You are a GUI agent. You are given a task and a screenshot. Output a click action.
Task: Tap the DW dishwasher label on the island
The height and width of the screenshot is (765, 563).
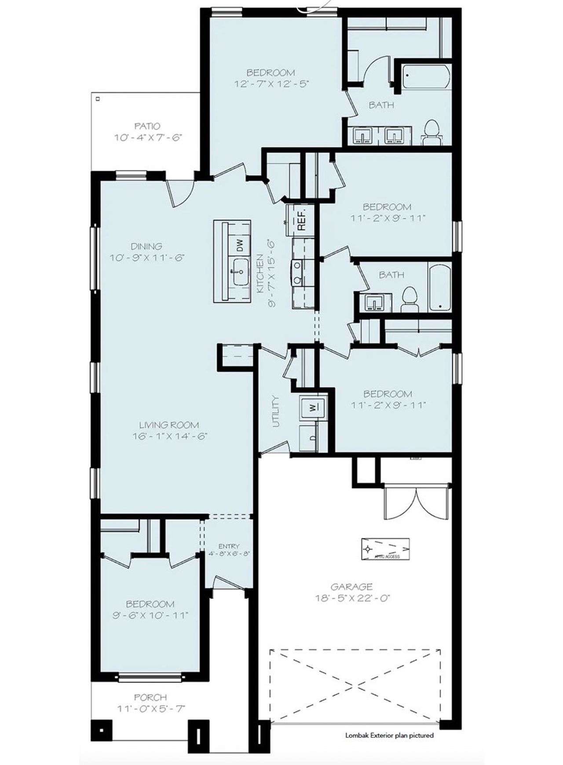tap(240, 245)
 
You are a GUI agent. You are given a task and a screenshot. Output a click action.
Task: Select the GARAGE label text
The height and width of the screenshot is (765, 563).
tap(351, 586)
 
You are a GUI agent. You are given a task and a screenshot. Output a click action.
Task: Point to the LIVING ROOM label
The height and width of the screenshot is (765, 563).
tap(169, 425)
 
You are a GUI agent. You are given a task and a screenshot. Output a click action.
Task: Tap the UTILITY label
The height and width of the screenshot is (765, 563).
tap(276, 411)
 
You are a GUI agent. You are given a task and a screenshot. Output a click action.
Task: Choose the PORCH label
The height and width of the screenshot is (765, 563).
tap(150, 697)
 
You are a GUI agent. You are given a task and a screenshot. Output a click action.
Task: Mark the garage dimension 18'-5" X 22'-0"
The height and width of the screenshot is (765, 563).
tap(353, 598)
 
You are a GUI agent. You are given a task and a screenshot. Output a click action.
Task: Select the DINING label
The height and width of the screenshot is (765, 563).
tap(146, 246)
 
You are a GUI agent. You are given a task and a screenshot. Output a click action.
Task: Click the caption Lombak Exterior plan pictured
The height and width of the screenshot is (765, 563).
tap(389, 735)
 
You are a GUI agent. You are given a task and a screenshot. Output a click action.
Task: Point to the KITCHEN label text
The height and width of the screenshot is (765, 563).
tap(260, 274)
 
